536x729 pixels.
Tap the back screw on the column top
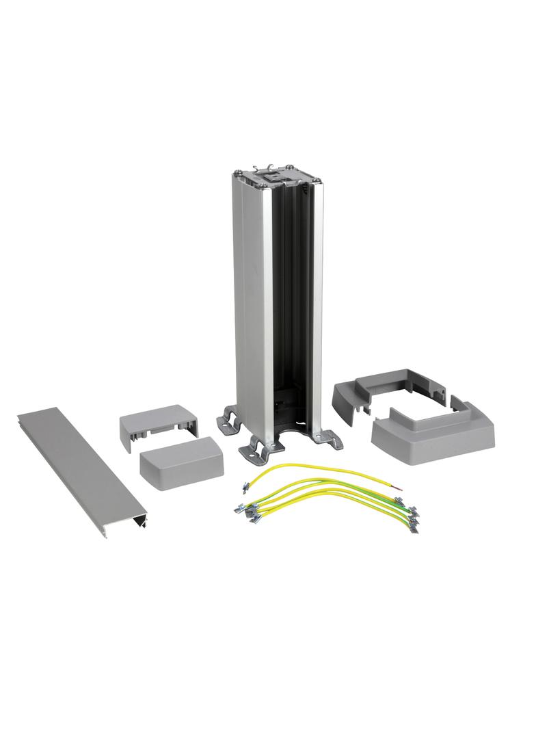tap(291, 165)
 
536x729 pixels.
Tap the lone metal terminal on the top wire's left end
tap(243, 486)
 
